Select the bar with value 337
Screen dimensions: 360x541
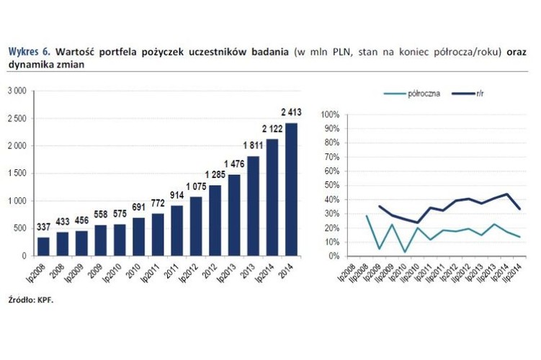tap(44, 246)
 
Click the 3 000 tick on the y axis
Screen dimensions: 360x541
tap(17, 91)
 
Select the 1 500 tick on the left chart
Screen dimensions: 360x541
tap(17, 174)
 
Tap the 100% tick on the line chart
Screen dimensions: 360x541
tap(330, 114)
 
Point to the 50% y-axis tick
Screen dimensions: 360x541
tap(331, 185)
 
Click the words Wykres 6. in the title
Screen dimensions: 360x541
tap(30, 52)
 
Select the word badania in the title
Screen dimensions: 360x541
tap(269, 52)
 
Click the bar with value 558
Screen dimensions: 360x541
tap(100, 240)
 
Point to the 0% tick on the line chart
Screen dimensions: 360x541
tap(334, 256)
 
